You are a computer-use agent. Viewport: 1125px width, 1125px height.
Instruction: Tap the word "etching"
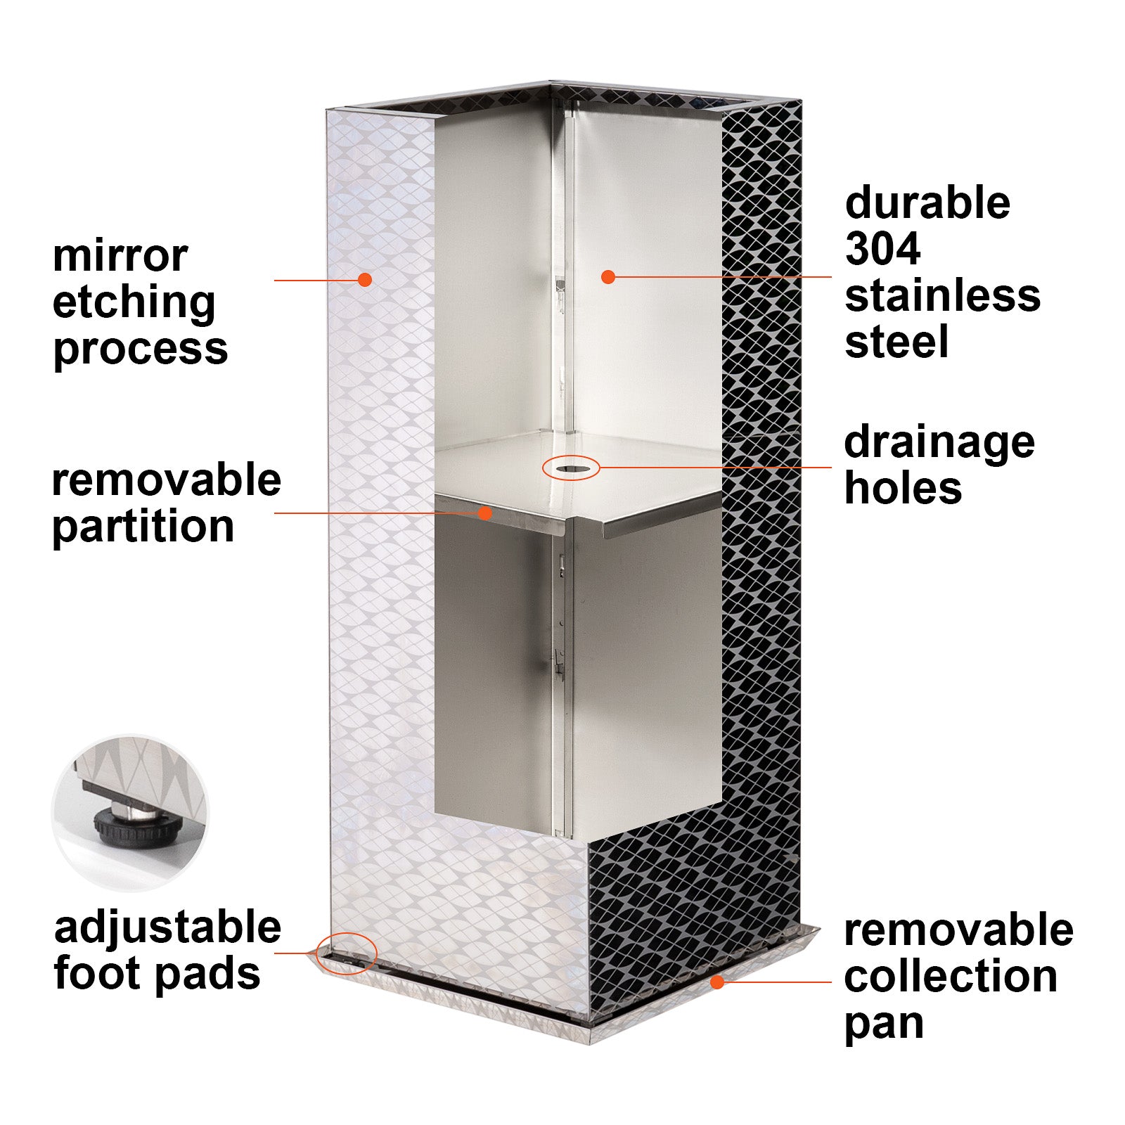(134, 304)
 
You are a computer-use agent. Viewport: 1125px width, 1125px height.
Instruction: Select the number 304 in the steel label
(882, 249)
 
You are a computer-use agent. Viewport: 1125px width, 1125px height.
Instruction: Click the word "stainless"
(942, 295)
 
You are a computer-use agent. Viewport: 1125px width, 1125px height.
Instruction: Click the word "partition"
(143, 527)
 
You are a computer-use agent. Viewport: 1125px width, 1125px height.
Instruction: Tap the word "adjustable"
(167, 929)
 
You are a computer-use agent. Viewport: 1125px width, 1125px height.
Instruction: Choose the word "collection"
(951, 977)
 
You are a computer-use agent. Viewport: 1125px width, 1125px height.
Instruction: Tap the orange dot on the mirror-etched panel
(364, 280)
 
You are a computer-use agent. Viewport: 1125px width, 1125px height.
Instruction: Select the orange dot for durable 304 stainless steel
(608, 277)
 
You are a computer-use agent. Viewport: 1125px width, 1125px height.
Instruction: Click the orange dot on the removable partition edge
(484, 513)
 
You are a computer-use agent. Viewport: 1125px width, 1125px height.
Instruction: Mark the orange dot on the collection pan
(716, 982)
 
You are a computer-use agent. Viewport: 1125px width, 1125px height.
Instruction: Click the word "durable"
(927, 202)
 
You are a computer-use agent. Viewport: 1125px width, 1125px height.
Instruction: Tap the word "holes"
(903, 488)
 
